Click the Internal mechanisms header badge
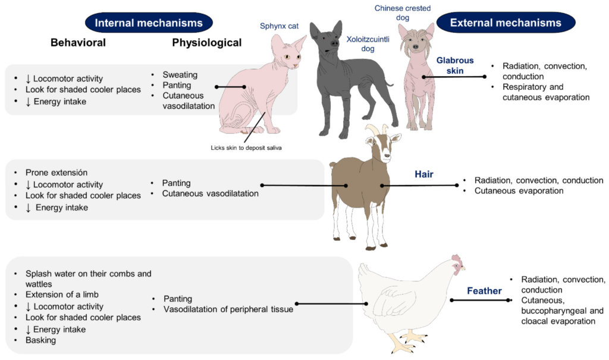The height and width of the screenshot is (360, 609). point(149,23)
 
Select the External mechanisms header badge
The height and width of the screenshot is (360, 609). point(506,23)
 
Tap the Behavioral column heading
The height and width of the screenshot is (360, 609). point(78,43)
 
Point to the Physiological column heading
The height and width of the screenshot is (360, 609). point(207,43)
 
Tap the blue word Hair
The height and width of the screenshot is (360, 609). point(424,174)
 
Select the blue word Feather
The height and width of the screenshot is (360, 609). point(484,291)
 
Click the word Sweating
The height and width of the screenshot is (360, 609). point(180,75)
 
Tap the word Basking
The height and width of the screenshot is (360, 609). point(40,340)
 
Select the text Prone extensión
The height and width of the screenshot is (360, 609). point(56,173)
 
